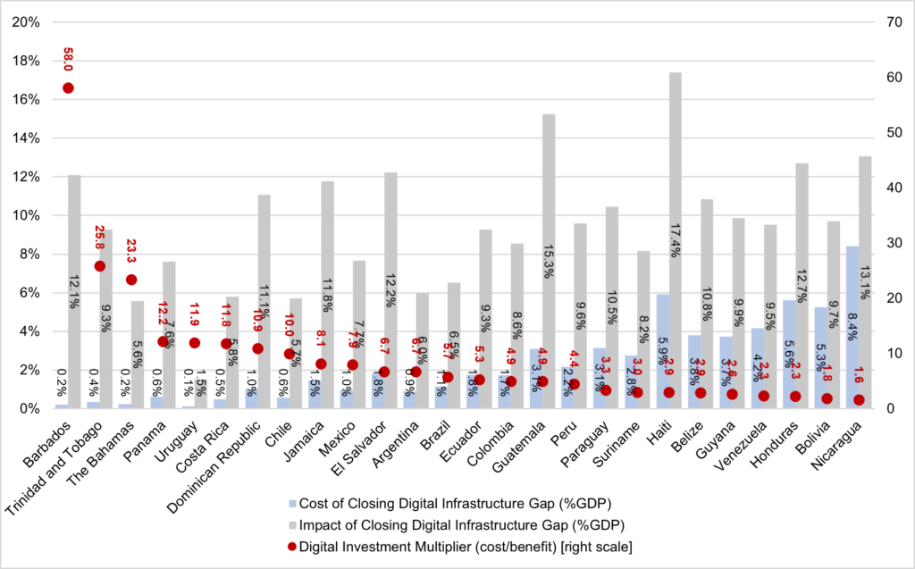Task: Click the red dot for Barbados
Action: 68,88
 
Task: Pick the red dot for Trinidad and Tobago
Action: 99,266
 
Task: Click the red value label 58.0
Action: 68,59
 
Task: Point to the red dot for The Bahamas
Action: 131,280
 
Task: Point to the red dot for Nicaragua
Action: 860,399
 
